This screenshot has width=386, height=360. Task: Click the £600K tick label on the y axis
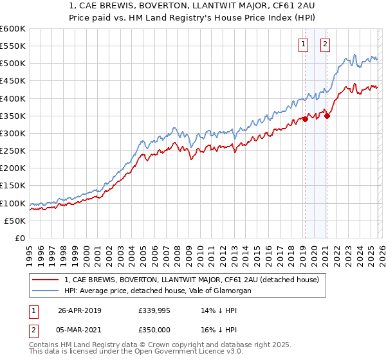[x=13, y=29]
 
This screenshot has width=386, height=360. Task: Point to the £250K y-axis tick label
[x=13, y=150]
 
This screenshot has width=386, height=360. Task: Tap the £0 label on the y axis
[x=20, y=238]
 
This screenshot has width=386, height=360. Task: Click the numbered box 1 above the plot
[x=303, y=44]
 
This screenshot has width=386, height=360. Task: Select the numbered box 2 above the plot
[x=325, y=44]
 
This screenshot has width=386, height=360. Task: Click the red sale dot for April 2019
[x=305, y=119]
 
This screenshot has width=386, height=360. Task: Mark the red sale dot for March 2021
[x=327, y=116]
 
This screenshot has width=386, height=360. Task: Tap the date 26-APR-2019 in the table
[x=80, y=310]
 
